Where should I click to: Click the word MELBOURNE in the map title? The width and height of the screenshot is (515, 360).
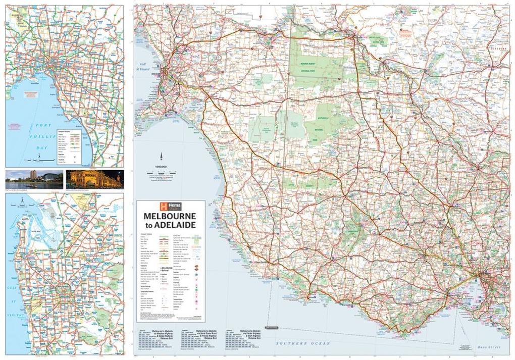pyautogui.click(x=170, y=216)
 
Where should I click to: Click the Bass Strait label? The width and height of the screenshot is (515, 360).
pyautogui.click(x=488, y=347)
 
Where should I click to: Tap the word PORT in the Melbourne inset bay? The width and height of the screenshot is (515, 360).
pyautogui.click(x=44, y=125)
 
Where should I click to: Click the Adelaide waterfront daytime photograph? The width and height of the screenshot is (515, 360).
pyautogui.click(x=34, y=179)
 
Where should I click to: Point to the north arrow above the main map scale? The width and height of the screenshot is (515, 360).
pyautogui.click(x=161, y=157)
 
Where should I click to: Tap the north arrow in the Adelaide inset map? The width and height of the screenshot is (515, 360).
pyautogui.click(x=22, y=201)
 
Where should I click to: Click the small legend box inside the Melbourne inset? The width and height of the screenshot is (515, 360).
pyautogui.click(x=69, y=146)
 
